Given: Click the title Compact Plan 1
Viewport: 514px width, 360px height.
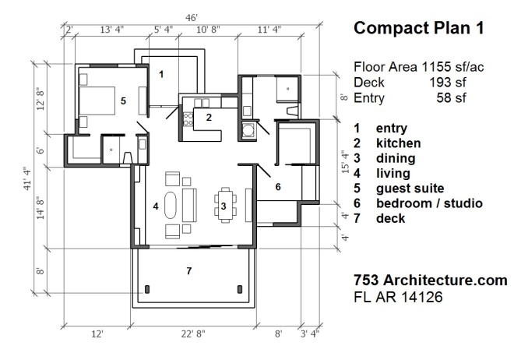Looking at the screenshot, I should pyautogui.click(x=419, y=29).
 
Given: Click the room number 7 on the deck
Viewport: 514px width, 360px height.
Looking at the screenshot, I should pyautogui.click(x=188, y=271).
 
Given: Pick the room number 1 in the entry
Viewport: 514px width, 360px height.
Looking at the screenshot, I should pyautogui.click(x=161, y=74).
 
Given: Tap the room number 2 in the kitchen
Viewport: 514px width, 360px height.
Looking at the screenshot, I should pyautogui.click(x=209, y=118).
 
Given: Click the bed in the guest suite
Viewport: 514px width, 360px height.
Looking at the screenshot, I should pyautogui.click(x=97, y=100).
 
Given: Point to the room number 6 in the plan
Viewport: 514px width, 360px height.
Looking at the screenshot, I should pyautogui.click(x=277, y=186).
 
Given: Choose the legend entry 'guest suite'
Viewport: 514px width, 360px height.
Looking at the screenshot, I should pyautogui.click(x=409, y=189).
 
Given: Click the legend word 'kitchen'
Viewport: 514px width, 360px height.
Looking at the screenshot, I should pyautogui.click(x=398, y=143).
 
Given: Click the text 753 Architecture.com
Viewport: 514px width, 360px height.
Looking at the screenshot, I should pyautogui.click(x=431, y=280).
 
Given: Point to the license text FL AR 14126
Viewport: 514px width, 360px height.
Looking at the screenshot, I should pyautogui.click(x=401, y=296).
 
